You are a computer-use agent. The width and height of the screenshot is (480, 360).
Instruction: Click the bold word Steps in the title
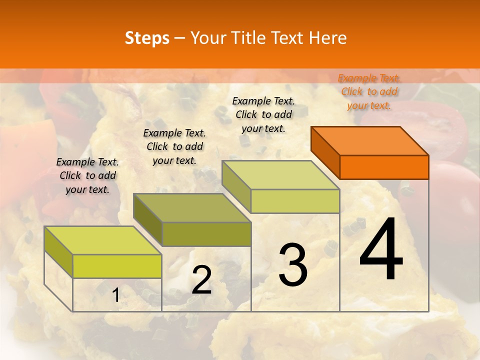coord(147,38)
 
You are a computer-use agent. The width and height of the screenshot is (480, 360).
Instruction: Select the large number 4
coord(381,249)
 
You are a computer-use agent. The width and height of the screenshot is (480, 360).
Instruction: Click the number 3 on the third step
coord(293,264)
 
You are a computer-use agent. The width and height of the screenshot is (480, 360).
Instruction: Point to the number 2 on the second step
coord(201,280)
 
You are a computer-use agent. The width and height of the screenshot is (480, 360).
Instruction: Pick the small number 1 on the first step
coord(115,295)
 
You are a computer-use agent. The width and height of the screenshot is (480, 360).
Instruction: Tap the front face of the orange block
coord(384,167)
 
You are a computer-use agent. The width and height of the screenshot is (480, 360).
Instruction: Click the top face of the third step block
coord(280,175)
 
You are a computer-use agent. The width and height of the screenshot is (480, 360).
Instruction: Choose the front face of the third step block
coord(295,201)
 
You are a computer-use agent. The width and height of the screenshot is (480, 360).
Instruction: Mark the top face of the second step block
coord(192,208)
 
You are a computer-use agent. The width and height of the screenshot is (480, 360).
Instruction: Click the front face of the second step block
coord(206,234)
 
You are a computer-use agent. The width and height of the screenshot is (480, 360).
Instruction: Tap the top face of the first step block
coord(103,240)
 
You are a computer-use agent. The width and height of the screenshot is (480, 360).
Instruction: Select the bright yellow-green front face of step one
coord(117,266)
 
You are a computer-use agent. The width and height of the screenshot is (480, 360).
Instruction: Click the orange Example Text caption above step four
coord(369,91)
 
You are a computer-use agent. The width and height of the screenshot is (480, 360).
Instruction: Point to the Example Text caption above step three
coord(263,114)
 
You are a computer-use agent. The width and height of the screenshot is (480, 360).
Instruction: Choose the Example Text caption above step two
coord(174,146)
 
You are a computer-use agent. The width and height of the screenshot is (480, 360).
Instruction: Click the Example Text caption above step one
coord(87,175)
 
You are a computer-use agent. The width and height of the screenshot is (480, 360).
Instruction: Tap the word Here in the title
coord(328,38)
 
